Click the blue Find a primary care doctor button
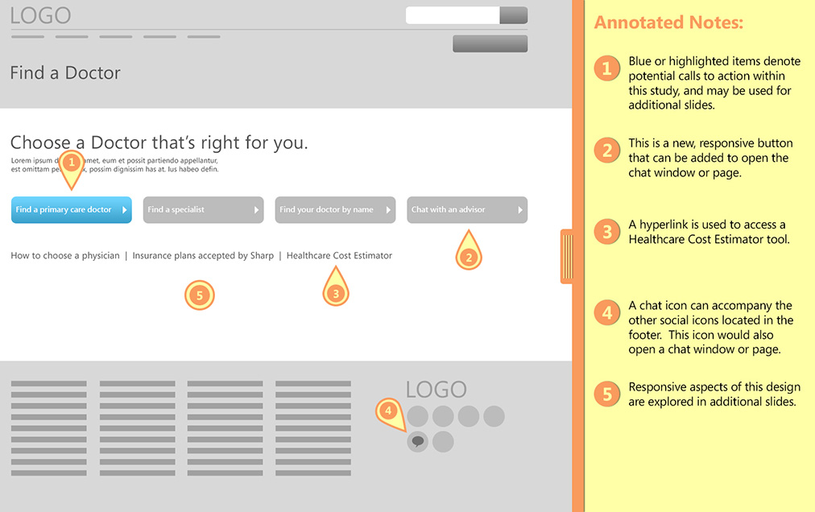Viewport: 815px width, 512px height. (71, 209)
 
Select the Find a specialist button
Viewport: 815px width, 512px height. (203, 209)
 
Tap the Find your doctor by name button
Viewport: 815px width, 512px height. (335, 209)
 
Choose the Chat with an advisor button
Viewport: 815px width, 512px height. (467, 209)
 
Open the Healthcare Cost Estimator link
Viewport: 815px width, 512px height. (339, 256)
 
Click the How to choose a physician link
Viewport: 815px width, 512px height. (65, 256)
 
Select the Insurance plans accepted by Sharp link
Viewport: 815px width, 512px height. (203, 256)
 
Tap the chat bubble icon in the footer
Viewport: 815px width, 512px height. (417, 442)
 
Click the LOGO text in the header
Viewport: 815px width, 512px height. (40, 15)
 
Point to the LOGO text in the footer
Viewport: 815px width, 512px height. (436, 390)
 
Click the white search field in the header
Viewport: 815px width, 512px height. (453, 15)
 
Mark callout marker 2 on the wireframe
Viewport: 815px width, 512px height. (469, 250)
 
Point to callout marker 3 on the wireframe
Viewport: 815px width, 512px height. (336, 287)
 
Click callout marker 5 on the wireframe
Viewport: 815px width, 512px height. (200, 295)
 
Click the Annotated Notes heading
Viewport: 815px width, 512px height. (669, 23)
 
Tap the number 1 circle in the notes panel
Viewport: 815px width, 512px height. (607, 68)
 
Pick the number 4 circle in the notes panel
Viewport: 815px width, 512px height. (607, 313)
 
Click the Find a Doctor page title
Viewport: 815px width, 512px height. (65, 72)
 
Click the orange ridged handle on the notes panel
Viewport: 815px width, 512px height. (566, 256)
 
